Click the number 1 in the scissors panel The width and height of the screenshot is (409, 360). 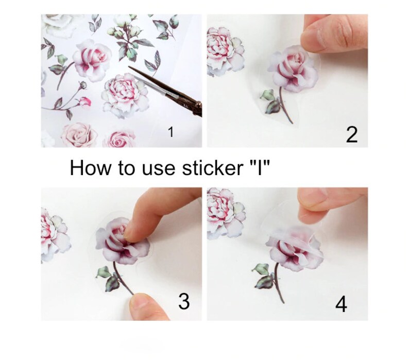171,132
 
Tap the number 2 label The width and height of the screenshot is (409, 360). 352,134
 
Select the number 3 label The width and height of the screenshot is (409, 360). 184,302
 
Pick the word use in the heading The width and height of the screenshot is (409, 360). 156,169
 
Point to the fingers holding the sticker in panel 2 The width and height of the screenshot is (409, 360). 334,36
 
